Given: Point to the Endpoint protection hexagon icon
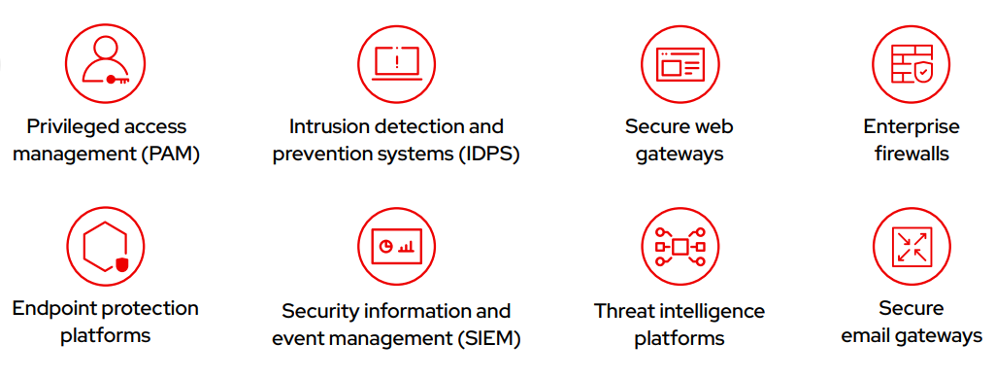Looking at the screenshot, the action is (x=106, y=247).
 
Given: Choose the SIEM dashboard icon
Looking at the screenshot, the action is (x=396, y=247).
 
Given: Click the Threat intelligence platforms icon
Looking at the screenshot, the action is (x=679, y=247).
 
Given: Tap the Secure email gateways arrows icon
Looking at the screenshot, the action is (x=912, y=247).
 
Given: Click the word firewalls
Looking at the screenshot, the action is (x=912, y=154).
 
